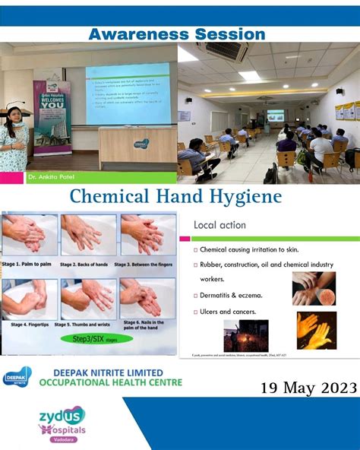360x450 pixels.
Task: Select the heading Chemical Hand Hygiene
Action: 176,197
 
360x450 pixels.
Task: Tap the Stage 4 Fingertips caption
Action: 29,323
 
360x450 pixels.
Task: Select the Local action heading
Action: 219,226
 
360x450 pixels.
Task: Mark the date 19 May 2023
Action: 308,388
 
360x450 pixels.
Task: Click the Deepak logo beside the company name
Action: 17,376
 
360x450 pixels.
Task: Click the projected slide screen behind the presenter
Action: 127,93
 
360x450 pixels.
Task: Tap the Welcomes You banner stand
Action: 52,114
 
